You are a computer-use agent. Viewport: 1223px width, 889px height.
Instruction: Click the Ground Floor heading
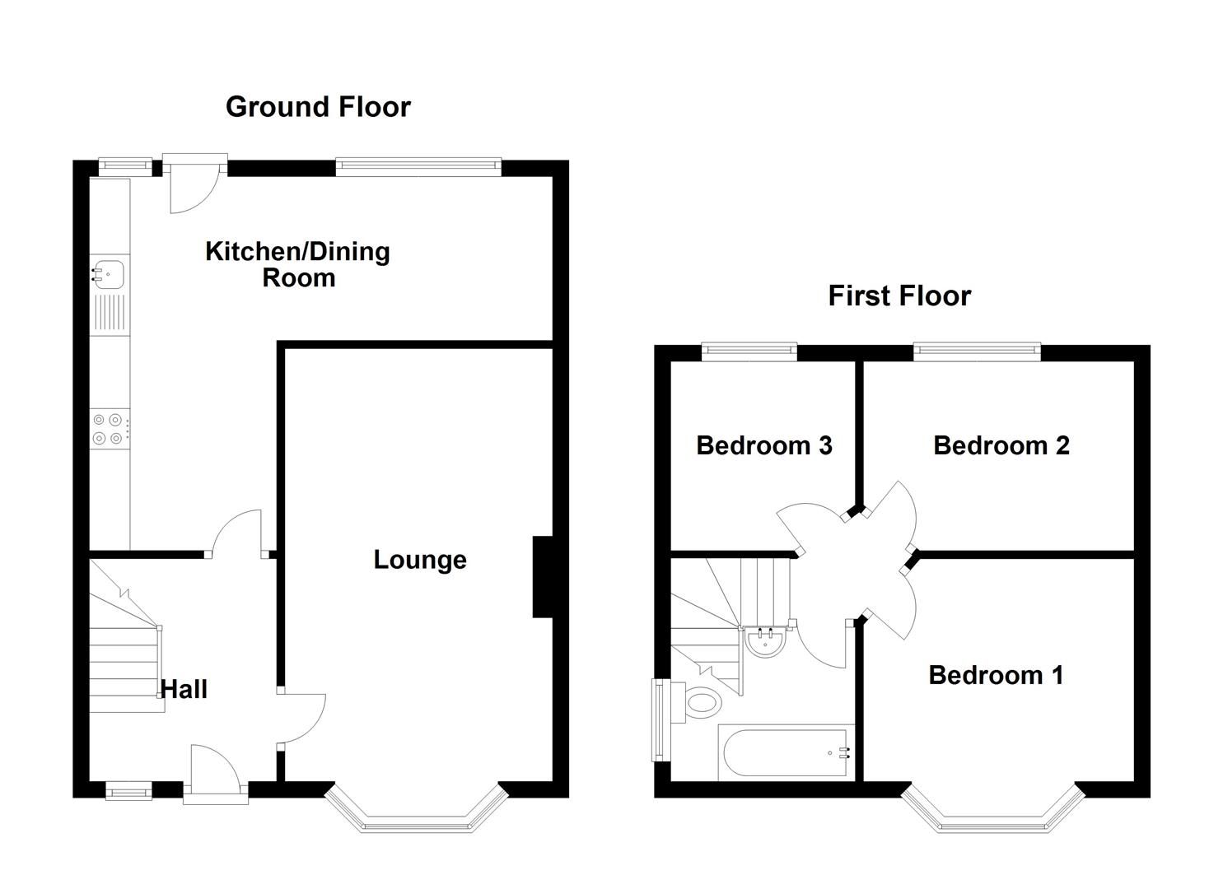coord(318,107)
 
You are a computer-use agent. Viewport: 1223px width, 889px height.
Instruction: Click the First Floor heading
coord(899,296)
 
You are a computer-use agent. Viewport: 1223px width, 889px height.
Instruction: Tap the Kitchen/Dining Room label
coord(297,264)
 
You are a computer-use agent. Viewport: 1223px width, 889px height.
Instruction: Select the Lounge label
coord(420,560)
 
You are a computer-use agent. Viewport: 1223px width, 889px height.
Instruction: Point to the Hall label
coord(184,689)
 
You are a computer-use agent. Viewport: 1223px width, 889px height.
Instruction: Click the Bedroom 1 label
coord(996,675)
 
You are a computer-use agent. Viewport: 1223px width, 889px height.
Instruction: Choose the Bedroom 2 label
coord(1001,445)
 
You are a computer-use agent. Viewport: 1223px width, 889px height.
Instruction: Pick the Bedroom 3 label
coord(763,445)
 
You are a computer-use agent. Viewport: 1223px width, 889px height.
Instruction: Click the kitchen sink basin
coord(108,272)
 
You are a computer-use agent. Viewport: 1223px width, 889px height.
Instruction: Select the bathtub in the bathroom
coord(786,752)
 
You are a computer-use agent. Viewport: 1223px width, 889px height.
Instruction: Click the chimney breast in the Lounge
coord(542,577)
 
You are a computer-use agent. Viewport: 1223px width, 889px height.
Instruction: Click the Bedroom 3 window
coord(749,352)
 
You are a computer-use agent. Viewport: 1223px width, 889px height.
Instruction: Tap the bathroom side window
coord(659,719)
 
